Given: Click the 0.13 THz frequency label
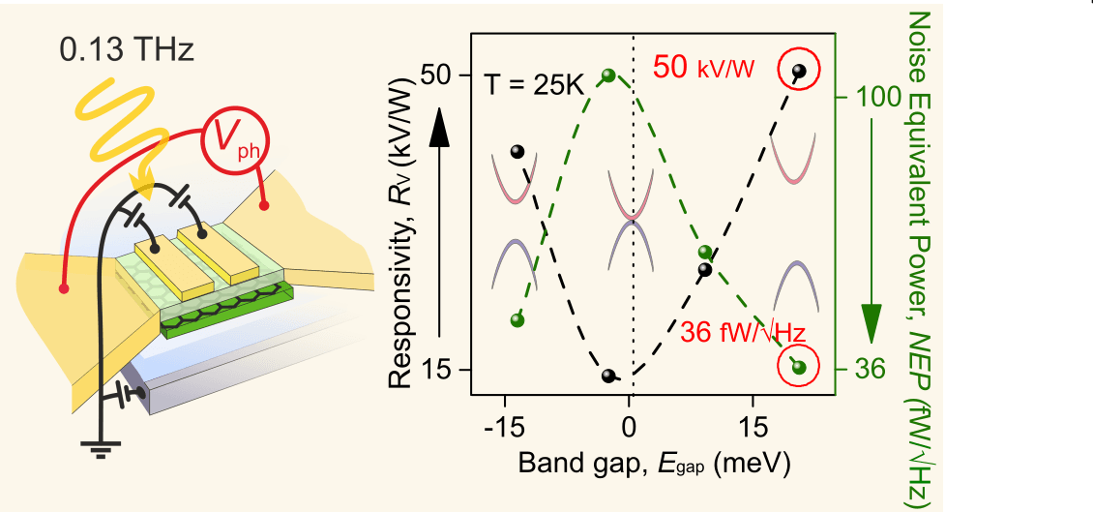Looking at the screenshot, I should pos(127,48).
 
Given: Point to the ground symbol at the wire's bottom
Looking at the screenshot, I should pos(96,446).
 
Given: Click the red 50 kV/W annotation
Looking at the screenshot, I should pos(703,67).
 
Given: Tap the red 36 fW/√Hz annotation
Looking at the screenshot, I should pos(742,331).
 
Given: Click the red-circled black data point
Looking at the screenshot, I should pos(798,72).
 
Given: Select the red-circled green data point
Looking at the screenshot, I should pos(798,366).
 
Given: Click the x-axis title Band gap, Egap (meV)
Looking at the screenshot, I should pos(655,462).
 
